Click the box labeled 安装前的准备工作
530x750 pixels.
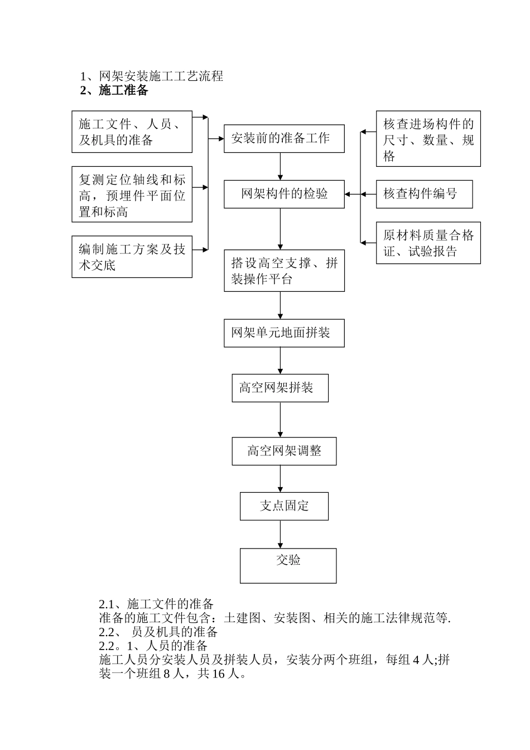coord(284,138)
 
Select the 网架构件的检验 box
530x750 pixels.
coord(284,194)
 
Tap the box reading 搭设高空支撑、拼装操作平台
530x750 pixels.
coord(284,271)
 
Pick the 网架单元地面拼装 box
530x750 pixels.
coord(284,333)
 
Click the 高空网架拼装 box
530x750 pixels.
coord(280,388)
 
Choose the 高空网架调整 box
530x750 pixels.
coord(284,451)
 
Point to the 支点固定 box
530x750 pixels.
coord(284,506)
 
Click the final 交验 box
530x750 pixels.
coord(288,565)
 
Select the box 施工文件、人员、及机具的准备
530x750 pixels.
coord(132,132)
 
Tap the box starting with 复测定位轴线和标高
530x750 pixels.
coord(132,194)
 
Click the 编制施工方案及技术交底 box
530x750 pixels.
coord(132,257)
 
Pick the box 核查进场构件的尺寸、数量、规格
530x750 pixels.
coord(428,138)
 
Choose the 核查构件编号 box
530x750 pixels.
coord(424,194)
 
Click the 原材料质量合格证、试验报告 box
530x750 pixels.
coord(428,243)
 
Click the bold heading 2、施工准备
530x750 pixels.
coord(114,90)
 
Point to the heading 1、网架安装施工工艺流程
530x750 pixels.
coord(152,76)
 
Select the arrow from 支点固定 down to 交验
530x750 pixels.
coord(280,534)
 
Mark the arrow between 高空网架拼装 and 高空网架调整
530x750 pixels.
coord(280,419)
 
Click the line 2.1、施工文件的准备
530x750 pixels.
coord(156,604)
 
